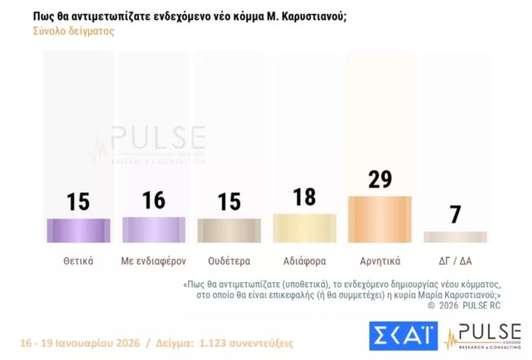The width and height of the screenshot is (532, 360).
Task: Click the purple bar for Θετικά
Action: point(79,230)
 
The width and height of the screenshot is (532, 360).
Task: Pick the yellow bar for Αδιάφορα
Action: point(304,227)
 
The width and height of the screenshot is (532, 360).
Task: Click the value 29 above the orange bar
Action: point(380,180)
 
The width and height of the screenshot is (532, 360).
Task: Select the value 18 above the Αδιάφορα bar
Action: point(304,198)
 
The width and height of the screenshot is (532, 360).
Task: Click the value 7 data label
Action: point(455,215)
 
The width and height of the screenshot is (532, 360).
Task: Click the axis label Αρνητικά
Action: point(380,262)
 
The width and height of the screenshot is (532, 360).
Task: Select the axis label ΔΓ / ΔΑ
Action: point(455,262)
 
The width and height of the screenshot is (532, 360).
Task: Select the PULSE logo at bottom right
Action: point(483,335)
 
